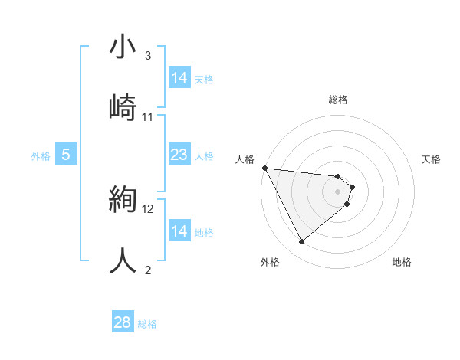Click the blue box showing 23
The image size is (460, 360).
[179, 155]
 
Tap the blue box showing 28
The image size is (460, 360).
[123, 322]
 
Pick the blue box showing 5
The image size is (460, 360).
[66, 155]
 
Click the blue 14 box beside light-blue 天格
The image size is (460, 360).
[179, 78]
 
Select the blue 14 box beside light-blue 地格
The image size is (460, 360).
[179, 231]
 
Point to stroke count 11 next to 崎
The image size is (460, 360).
[148, 116]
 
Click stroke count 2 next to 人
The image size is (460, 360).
[147, 270]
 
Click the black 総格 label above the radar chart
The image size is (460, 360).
[338, 100]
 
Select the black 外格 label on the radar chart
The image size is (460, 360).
[270, 262]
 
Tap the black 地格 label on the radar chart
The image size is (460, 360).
[402, 262]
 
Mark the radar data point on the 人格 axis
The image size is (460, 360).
[264, 168]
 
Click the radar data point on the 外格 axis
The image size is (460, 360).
[301, 242]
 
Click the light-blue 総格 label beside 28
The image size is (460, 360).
[147, 324]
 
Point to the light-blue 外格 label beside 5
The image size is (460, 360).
[41, 156]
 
